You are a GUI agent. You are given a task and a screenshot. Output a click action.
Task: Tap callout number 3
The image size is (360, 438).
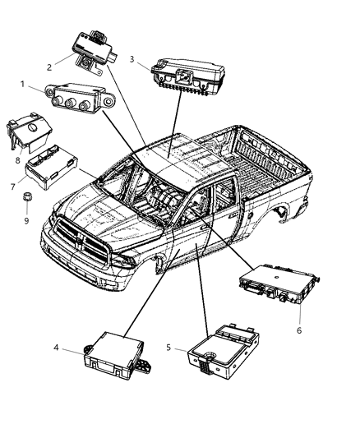pos(132,58)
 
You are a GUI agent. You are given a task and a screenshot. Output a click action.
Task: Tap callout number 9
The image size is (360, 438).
pos(26,220)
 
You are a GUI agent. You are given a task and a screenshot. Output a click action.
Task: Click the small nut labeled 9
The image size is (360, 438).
pos(26,197)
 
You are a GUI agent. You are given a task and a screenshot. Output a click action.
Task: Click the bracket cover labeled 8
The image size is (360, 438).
pos(29,133)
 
